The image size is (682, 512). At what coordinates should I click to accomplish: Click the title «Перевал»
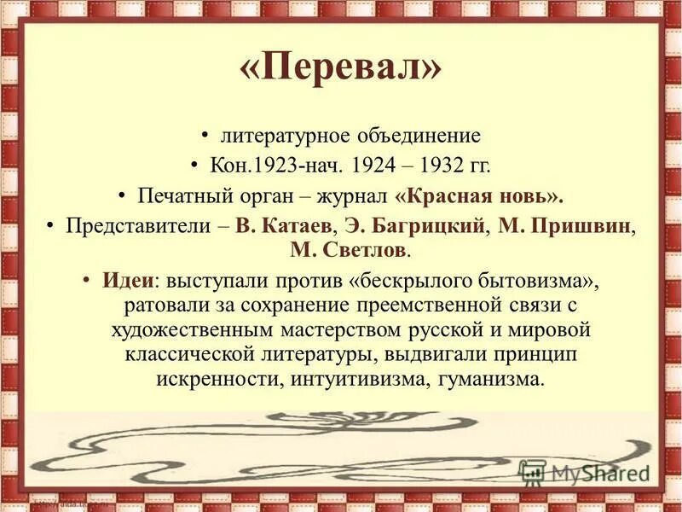pos(341,69)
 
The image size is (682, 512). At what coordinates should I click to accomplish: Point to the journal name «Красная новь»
pos(480,195)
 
